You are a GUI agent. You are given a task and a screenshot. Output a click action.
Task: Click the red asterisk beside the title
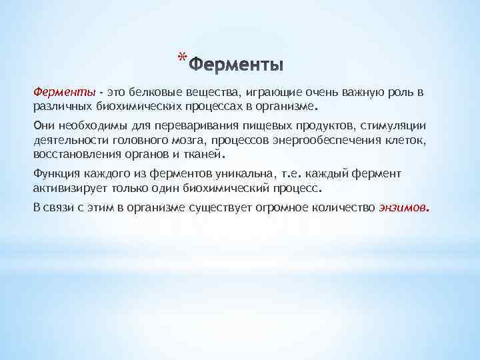point(183,59)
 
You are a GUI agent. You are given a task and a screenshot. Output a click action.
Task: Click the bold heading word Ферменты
point(237,65)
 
